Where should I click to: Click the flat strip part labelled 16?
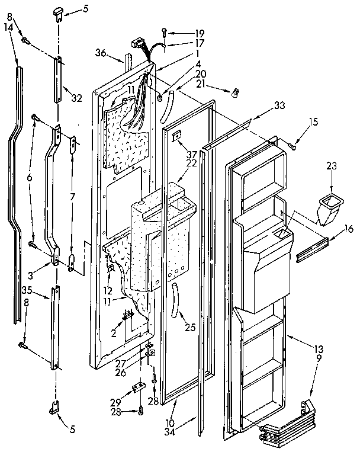[312, 245]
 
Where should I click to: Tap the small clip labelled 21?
[234, 92]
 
